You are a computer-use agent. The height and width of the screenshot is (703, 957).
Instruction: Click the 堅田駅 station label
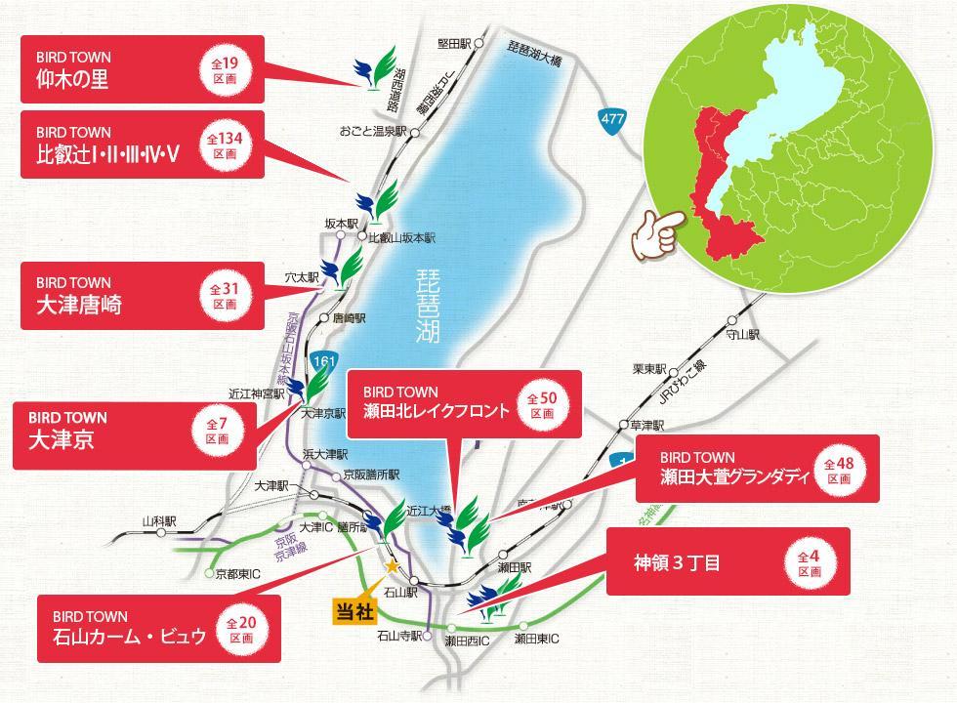point(454,43)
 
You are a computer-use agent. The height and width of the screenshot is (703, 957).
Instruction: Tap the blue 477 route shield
point(612,119)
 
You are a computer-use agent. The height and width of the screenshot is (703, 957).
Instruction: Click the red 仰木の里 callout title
point(72,80)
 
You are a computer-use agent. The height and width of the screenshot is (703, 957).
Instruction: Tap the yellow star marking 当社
point(392,565)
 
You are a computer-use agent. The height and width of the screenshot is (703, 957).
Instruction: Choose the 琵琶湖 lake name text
point(427,305)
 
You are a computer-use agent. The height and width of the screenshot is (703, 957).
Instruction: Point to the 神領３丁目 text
point(677,563)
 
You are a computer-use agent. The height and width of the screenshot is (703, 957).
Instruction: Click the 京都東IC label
point(237,573)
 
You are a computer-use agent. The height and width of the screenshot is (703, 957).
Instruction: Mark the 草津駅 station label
point(647,426)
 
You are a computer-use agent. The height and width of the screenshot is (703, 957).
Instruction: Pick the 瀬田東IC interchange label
point(536,640)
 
